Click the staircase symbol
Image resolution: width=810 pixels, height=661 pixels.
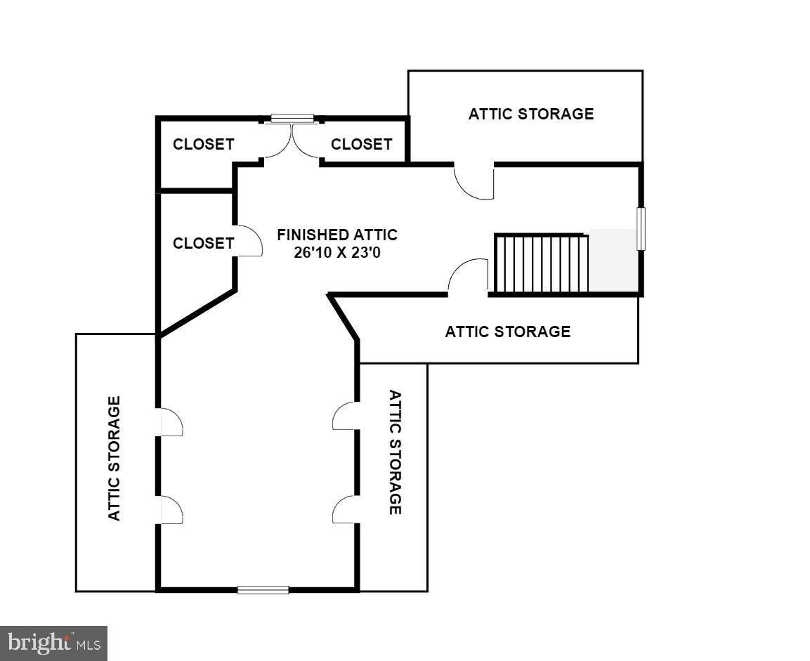coord(542,263)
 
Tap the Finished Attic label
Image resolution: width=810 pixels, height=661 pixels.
coord(337,235)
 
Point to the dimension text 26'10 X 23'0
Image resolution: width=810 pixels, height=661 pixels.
coord(337,252)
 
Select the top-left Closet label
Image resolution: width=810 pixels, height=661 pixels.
coord(203,144)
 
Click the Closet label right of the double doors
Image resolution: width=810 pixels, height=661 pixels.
coord(361,144)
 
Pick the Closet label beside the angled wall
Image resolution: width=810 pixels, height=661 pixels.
coord(203,243)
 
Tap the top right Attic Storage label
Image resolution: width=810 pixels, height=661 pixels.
coord(531,114)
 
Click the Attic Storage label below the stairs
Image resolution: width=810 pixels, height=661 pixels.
coord(508,332)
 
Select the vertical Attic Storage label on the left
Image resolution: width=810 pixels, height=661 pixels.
coord(115,458)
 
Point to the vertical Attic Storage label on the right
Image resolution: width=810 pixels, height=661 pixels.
coord(396,452)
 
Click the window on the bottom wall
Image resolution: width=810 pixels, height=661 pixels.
coord(263,590)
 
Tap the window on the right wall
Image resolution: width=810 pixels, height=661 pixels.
coord(641,229)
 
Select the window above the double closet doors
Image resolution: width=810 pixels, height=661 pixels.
coord(292,118)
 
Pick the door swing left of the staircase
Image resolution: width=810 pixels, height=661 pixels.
coord(467,277)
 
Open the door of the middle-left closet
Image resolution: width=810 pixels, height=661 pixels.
coord(249,241)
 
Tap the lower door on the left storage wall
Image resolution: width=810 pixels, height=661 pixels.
coord(170,510)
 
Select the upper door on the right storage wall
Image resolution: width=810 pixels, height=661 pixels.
coord(345,416)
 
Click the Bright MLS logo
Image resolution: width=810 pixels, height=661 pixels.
coord(53,643)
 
